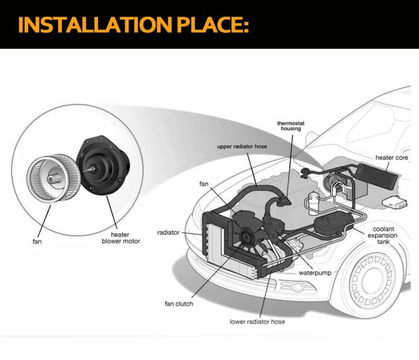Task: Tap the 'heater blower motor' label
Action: click(x=121, y=238)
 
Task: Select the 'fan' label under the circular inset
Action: click(x=37, y=241)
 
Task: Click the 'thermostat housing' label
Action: click(x=291, y=126)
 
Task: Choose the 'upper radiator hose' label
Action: click(x=242, y=146)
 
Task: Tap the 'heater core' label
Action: click(x=391, y=157)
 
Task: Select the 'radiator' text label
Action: click(x=168, y=233)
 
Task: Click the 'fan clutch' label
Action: click(x=179, y=304)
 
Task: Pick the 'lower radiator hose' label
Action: click(x=257, y=321)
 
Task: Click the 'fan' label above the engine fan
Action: click(x=204, y=184)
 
